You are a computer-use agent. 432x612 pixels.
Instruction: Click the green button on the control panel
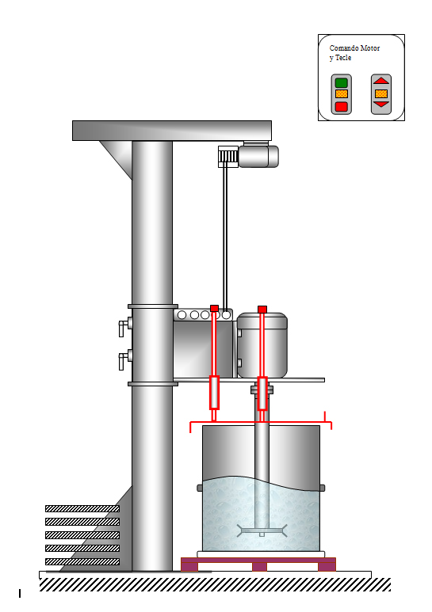342,83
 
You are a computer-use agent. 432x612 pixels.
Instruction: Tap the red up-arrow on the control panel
381,81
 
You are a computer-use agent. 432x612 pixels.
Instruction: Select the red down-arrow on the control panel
381,105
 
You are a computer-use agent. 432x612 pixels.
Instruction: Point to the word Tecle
343,58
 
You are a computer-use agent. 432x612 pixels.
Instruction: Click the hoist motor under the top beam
258,156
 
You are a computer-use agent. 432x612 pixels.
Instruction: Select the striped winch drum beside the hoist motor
228,157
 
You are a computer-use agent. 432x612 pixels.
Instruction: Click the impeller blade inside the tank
262,530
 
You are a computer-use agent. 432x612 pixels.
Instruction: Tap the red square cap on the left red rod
214,308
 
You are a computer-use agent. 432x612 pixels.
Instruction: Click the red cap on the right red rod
262,310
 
